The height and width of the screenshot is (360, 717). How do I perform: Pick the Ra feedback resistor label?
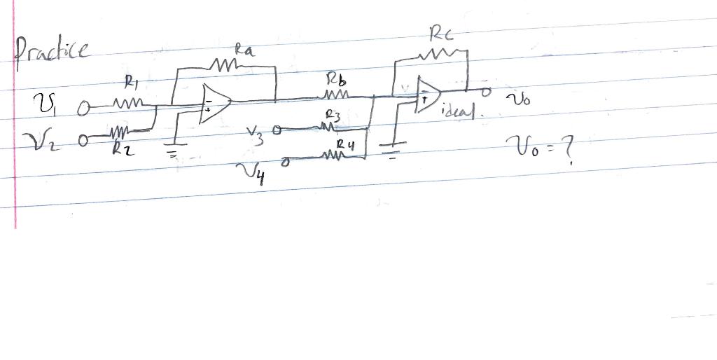[244, 50]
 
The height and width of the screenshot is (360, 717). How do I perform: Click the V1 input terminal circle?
[83, 108]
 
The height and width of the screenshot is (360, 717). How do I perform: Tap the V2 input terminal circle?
[85, 139]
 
